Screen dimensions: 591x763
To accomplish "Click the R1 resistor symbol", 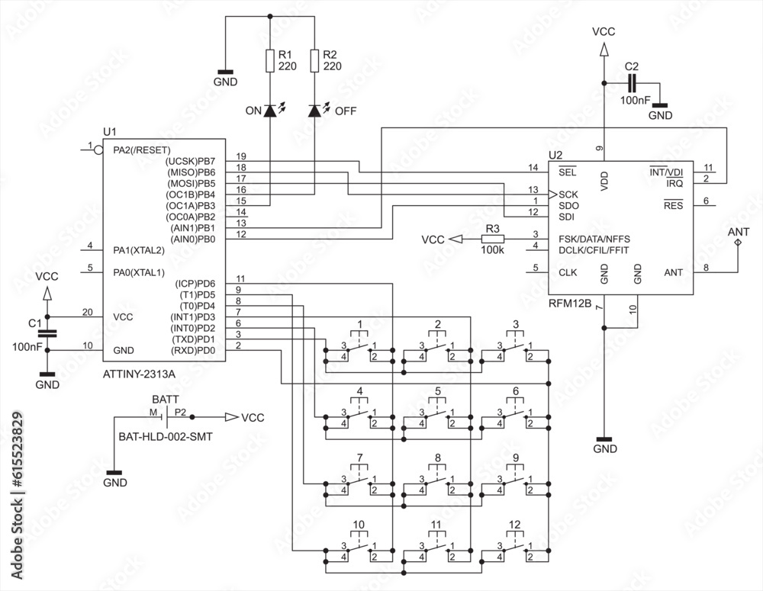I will click(270, 60).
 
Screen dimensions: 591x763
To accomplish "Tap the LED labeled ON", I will click(270, 110).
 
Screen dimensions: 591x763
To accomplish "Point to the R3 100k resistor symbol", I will click(493, 239).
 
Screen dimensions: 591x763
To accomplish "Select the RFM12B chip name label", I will click(570, 304).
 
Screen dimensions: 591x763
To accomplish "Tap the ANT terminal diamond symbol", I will click(737, 242).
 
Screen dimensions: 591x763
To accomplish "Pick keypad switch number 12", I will click(515, 546).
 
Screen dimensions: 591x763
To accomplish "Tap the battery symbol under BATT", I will click(166, 417).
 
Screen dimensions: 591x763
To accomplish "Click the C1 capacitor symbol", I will click(47, 333).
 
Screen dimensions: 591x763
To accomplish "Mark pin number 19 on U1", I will click(241, 156).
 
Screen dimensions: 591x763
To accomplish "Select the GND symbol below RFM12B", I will click(604, 441).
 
